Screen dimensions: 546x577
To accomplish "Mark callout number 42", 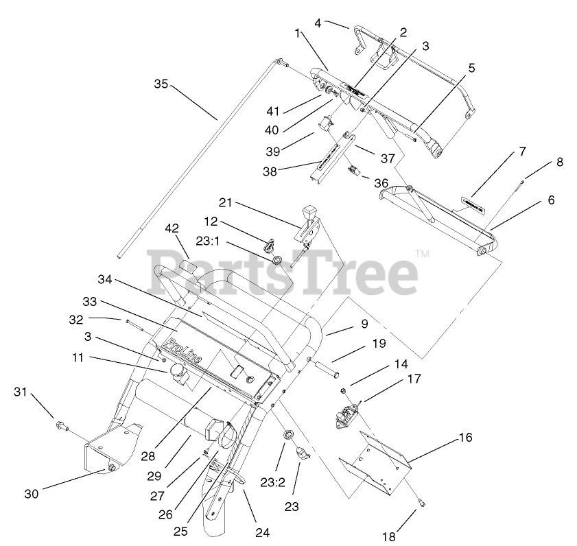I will coord(171,228).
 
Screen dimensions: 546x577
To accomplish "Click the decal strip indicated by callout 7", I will coord(472,203).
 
